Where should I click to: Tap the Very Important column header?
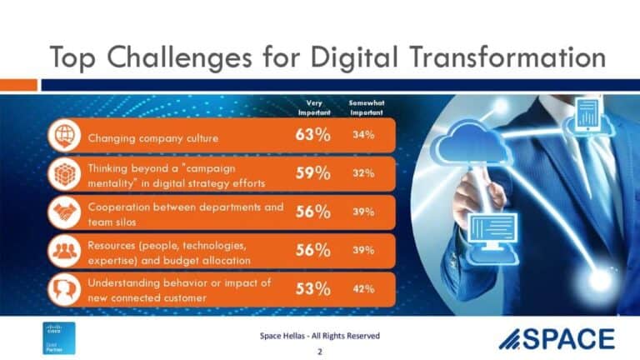pyautogui.click(x=314, y=107)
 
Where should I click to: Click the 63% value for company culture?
pyautogui.click(x=313, y=135)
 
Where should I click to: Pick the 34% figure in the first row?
pyautogui.click(x=362, y=135)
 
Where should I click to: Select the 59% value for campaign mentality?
pyautogui.click(x=313, y=173)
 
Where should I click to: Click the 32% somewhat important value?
pyautogui.click(x=362, y=173)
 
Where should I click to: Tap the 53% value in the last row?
pyautogui.click(x=313, y=288)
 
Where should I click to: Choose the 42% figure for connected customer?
pyautogui.click(x=362, y=288)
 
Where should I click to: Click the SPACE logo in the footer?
pyautogui.click(x=556, y=338)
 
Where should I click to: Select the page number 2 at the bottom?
pyautogui.click(x=319, y=352)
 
